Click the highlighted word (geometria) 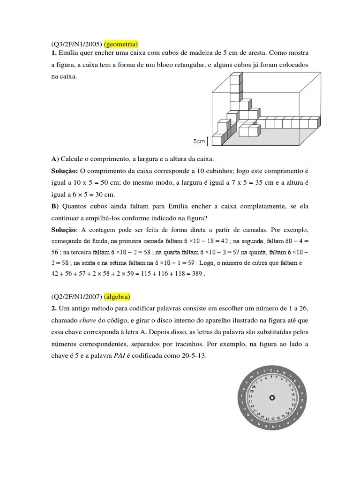click(120, 45)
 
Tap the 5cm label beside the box click(200, 141)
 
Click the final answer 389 click(197, 273)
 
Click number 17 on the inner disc click(272, 418)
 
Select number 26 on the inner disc click(254, 386)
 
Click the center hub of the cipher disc click(271, 397)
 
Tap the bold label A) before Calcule click(55, 159)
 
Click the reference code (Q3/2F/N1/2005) click(76, 45)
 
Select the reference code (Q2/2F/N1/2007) click(76, 297)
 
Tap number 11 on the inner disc click(293, 400)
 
